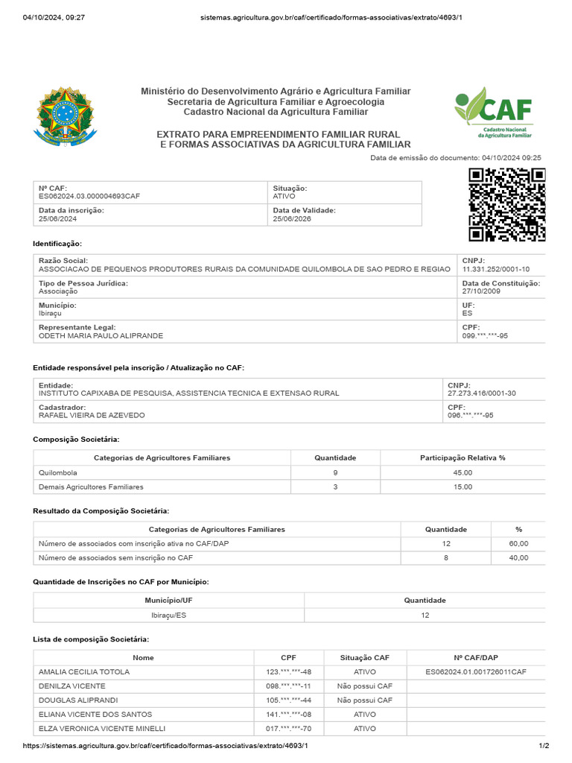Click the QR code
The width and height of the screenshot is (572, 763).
tap(506, 204)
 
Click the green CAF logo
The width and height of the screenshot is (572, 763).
tap(494, 112)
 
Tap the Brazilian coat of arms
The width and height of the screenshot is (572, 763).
tap(66, 115)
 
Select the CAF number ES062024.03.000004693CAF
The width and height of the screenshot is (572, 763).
tap(89, 197)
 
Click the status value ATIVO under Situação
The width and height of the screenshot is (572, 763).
tap(284, 197)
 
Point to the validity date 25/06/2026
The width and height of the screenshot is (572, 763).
tap(290, 219)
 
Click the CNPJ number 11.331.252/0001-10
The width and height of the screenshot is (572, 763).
tap(496, 269)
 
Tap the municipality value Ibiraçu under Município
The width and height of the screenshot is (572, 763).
tap(51, 314)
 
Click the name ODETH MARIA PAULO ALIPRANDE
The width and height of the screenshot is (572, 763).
tap(101, 336)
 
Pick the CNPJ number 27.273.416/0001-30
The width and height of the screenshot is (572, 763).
tap(482, 393)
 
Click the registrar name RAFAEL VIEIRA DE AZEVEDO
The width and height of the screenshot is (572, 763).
tap(92, 415)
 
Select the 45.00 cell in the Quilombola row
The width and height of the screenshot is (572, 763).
tap(463, 472)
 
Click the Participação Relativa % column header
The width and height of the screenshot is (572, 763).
tap(463, 458)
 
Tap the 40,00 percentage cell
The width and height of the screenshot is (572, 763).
tap(518, 557)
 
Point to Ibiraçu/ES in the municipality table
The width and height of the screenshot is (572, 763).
tap(168, 615)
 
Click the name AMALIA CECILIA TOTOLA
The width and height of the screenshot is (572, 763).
tap(84, 672)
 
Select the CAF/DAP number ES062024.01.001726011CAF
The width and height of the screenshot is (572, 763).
tap(476, 672)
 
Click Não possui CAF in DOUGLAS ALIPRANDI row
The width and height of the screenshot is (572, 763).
tap(364, 700)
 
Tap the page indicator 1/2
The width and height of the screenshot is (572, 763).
tap(544, 746)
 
